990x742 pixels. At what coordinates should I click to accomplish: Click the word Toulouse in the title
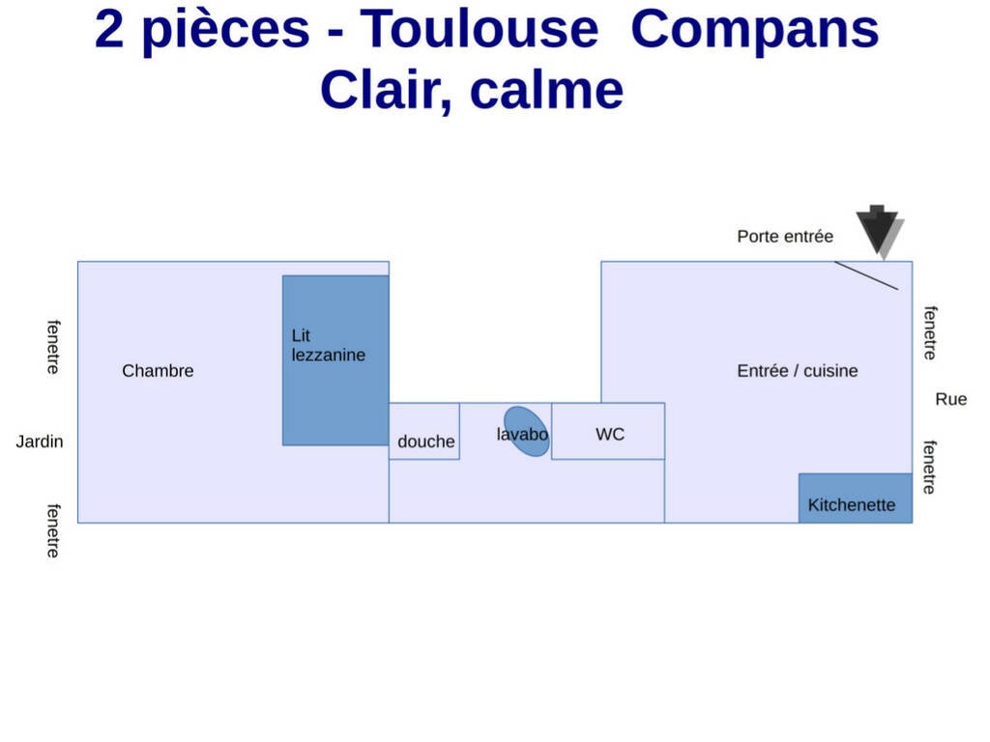[x=480, y=29]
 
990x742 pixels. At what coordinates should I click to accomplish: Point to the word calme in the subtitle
[x=547, y=90]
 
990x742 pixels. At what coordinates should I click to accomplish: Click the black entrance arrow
[x=878, y=230]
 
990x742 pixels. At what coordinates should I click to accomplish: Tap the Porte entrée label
[x=785, y=237]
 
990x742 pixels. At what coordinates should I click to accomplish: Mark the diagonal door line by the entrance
[x=866, y=275]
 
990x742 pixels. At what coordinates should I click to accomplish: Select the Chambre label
[x=158, y=370]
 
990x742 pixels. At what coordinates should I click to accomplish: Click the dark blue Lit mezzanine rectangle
[x=335, y=360]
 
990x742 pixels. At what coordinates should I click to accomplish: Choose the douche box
[x=424, y=432]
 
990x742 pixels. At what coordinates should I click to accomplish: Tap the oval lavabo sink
[x=527, y=431]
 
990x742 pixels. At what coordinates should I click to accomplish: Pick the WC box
[x=608, y=432]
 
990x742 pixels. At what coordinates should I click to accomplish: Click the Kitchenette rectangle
[x=856, y=498]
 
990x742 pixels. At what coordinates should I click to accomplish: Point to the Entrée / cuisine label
[x=798, y=370]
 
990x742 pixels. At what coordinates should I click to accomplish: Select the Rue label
[x=951, y=399]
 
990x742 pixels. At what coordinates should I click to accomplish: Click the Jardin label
[x=39, y=441]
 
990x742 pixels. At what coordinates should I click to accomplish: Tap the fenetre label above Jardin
[x=54, y=347]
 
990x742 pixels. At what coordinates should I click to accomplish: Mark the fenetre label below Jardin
[x=54, y=530]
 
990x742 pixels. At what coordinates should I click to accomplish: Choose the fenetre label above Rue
[x=930, y=333]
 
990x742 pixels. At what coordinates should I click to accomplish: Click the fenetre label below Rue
[x=929, y=467]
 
